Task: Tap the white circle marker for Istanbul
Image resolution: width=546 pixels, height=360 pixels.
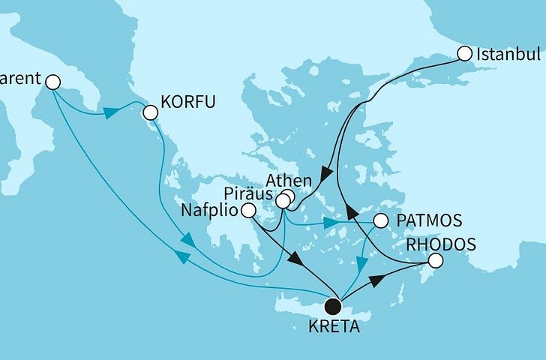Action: point(464,53)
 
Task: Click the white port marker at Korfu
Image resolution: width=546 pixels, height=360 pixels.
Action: point(150,112)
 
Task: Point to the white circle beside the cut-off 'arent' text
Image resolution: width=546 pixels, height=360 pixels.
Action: point(52,81)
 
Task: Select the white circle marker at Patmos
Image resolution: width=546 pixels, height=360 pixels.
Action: point(380,221)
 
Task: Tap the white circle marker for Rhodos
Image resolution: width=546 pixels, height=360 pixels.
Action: point(434,261)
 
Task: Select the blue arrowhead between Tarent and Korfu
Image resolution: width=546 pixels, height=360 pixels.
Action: point(110,112)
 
